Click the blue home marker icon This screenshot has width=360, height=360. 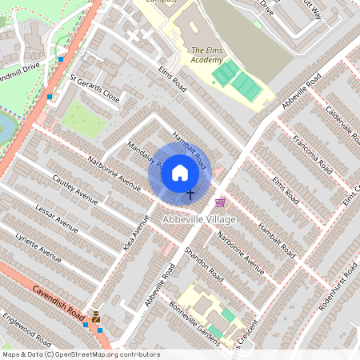click(180, 173)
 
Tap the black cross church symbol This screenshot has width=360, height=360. click(190, 194)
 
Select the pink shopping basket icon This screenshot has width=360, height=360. click(220, 202)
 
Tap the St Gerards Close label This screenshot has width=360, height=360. click(94, 89)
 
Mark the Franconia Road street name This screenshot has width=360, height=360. click(314, 156)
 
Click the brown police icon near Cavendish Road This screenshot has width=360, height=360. click(97, 317)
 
